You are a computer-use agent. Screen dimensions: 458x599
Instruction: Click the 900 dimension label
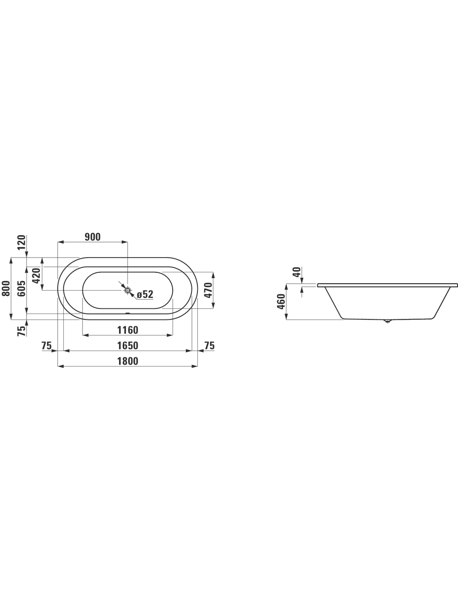pyautogui.click(x=93, y=237)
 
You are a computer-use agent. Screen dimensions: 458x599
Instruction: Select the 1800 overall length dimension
pyautogui.click(x=127, y=361)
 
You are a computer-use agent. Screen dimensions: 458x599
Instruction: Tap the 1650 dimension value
pyautogui.click(x=127, y=345)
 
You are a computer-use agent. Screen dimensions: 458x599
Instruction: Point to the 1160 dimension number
pyautogui.click(x=127, y=330)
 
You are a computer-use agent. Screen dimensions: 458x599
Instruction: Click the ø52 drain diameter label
pyautogui.click(x=145, y=294)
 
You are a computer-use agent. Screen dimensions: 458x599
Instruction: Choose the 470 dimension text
pyautogui.click(x=208, y=290)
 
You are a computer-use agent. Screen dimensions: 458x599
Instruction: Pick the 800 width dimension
pyautogui.click(x=6, y=288)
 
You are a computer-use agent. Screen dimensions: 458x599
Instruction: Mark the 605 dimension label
pyautogui.click(x=22, y=288)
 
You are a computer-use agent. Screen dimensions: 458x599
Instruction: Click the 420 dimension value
pyautogui.click(x=37, y=275)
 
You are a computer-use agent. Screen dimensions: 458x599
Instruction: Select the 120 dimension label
pyautogui.click(x=22, y=243)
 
